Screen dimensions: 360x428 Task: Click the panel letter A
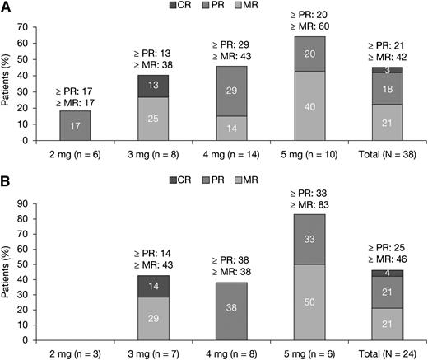[7, 8]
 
